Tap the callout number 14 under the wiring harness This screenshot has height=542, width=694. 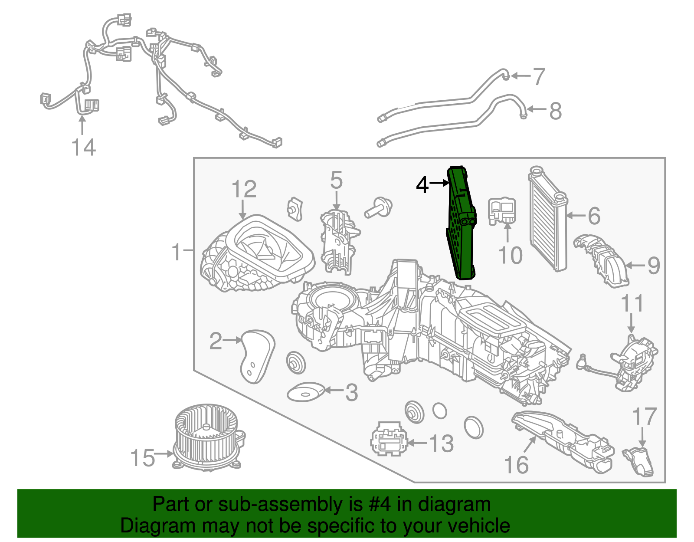[x=83, y=147]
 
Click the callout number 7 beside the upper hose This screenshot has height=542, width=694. [x=538, y=76]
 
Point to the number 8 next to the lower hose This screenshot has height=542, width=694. [x=555, y=111]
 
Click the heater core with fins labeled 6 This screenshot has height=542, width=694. [x=547, y=219]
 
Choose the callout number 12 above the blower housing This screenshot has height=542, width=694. [x=244, y=190]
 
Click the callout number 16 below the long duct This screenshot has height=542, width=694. [x=516, y=465]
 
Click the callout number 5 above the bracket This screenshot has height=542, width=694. [x=336, y=180]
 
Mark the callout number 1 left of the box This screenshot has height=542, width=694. [x=176, y=252]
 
